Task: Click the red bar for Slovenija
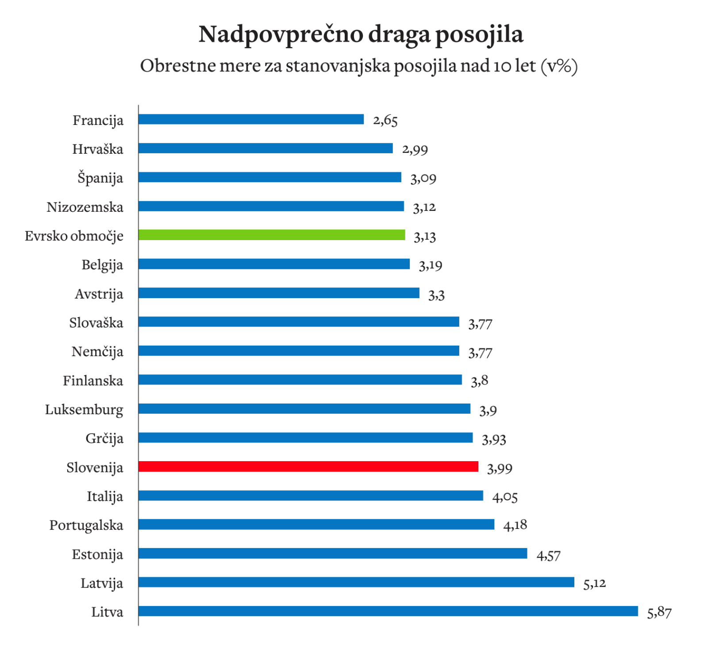coord(308,466)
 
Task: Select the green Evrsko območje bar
coord(271,235)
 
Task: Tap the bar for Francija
coord(251,119)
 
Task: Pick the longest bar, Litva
coord(388,611)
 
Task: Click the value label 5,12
coord(594,583)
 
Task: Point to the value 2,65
coord(385,120)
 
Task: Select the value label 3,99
coord(500,468)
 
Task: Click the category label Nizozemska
coord(85,207)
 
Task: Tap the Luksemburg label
coord(84,410)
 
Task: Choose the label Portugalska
coord(86,525)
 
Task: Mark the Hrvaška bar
coord(265,148)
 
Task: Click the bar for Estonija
coord(333,553)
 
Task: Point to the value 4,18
coord(515,525)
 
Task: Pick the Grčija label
coord(104,439)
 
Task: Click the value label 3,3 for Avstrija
coord(436,295)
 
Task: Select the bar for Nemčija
coord(299,351)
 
